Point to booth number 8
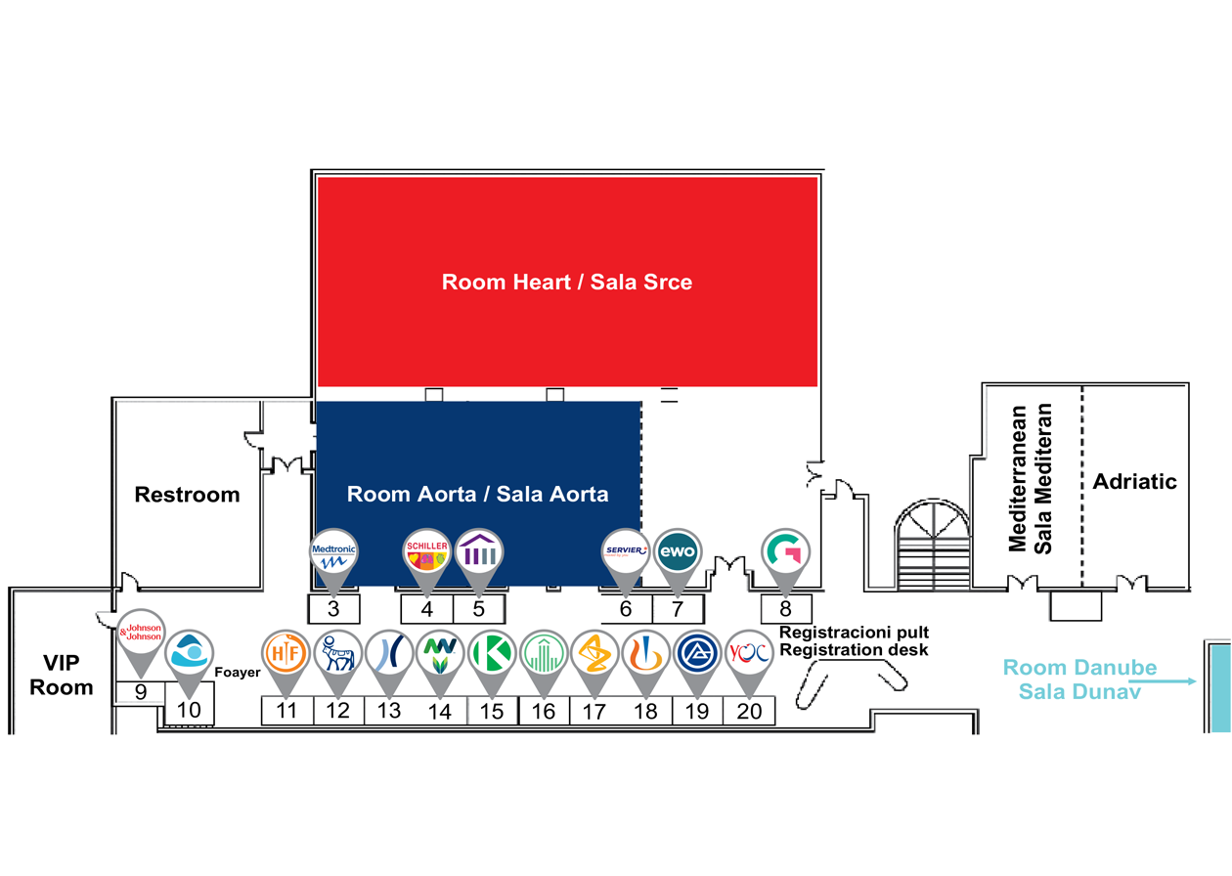coord(785,609)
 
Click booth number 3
coord(333,609)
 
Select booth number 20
coord(749,711)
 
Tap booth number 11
coord(286,711)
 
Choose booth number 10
coord(189,709)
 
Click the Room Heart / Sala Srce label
coord(567,283)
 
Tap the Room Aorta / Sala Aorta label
coord(477,495)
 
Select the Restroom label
coord(187,495)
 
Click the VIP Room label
coord(61,675)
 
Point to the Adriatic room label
coord(1134,482)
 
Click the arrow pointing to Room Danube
coord(1163,682)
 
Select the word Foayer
coord(235,672)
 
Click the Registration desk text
coord(854,649)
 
